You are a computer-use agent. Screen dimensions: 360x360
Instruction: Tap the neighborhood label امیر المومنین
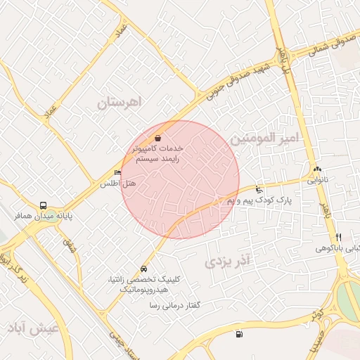[x=269, y=138]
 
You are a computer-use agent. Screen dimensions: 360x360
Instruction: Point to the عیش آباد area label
[x=33, y=329]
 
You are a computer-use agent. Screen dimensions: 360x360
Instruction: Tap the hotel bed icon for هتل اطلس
[x=117, y=173]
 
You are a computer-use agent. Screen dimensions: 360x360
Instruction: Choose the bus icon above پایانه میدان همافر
[x=44, y=206]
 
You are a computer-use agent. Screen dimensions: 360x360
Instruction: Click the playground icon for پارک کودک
[x=259, y=189]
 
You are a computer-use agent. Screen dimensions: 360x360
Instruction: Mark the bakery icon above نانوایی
[x=317, y=169]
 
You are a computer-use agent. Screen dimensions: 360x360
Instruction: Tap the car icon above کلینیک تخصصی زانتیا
[x=144, y=269]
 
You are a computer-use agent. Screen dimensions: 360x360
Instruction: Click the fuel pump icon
[x=240, y=334]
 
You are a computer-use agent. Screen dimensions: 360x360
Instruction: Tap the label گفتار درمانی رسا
[x=175, y=306]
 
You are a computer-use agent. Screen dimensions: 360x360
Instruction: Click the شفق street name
[x=68, y=245]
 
